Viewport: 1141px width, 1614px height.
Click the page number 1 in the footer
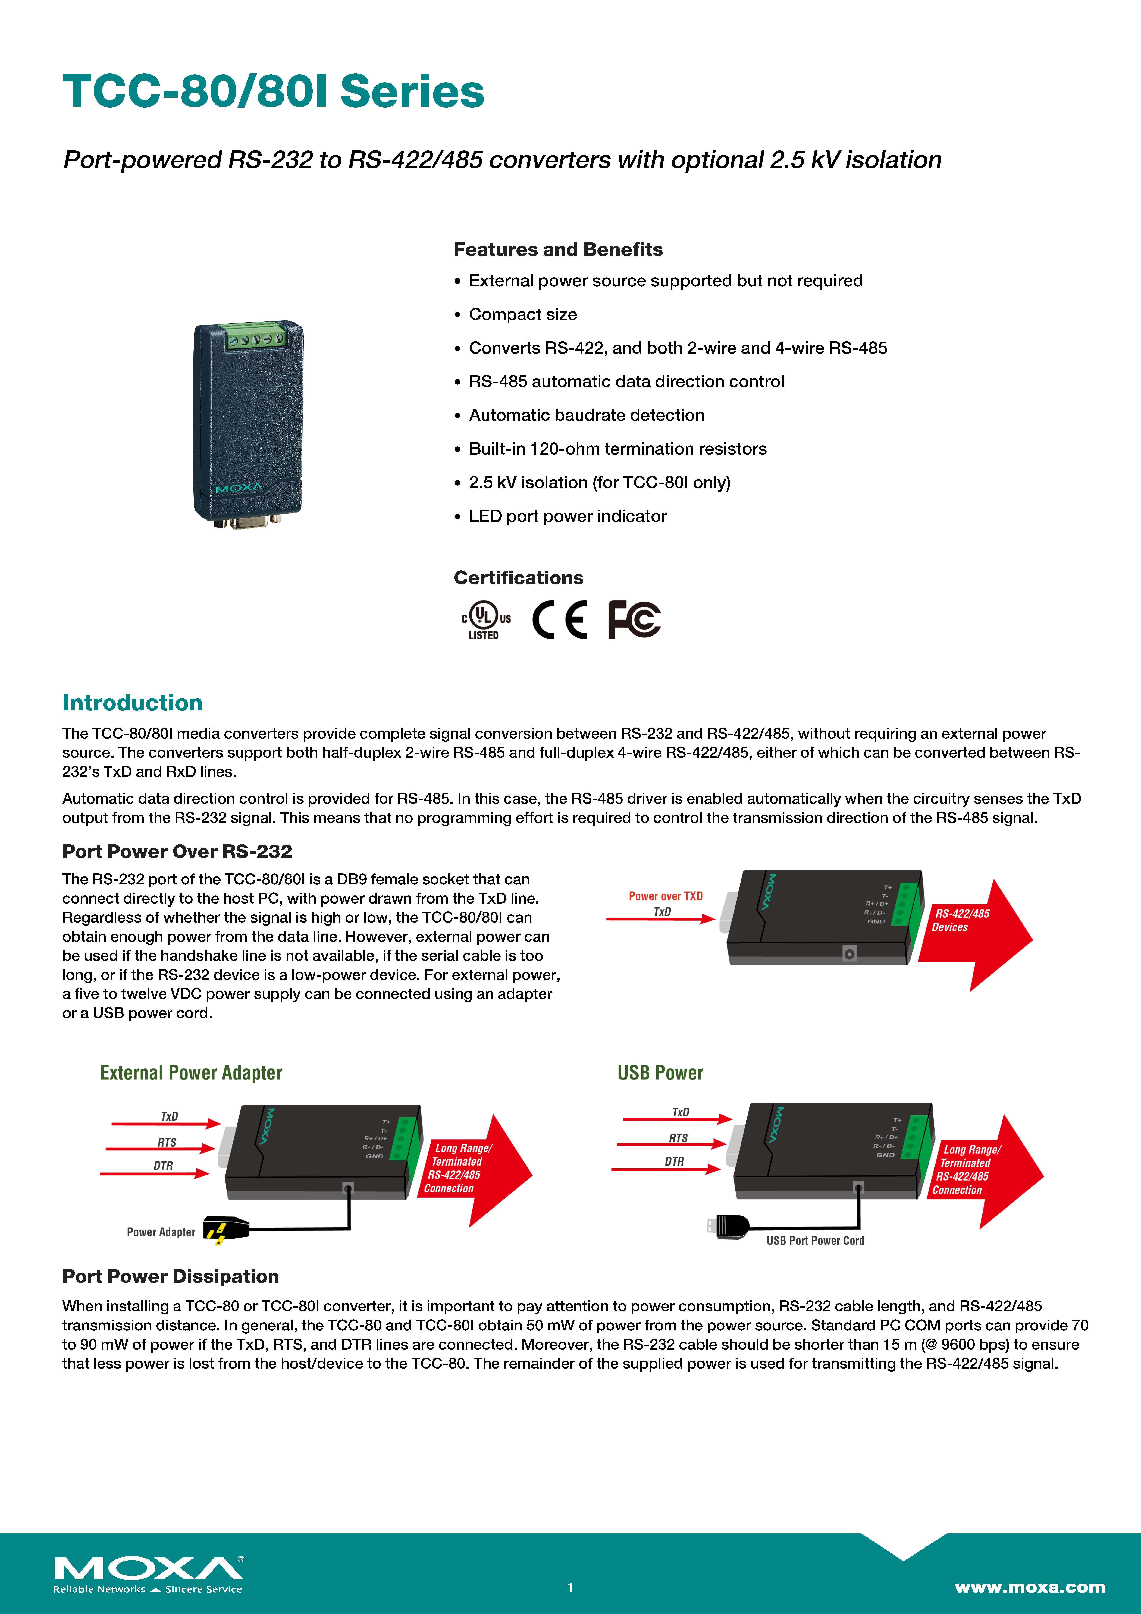(x=570, y=1587)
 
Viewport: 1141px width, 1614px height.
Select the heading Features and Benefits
(x=557, y=250)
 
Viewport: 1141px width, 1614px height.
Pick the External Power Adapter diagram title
(x=191, y=1073)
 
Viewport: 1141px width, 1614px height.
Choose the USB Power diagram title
(x=660, y=1073)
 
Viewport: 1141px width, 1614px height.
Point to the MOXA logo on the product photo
(x=239, y=488)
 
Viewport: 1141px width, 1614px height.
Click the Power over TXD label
(x=665, y=896)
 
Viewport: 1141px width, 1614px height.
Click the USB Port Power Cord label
(x=815, y=1241)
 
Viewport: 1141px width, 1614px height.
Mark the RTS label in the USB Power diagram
(x=678, y=1138)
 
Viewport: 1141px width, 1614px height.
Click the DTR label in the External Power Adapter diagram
(x=163, y=1166)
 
